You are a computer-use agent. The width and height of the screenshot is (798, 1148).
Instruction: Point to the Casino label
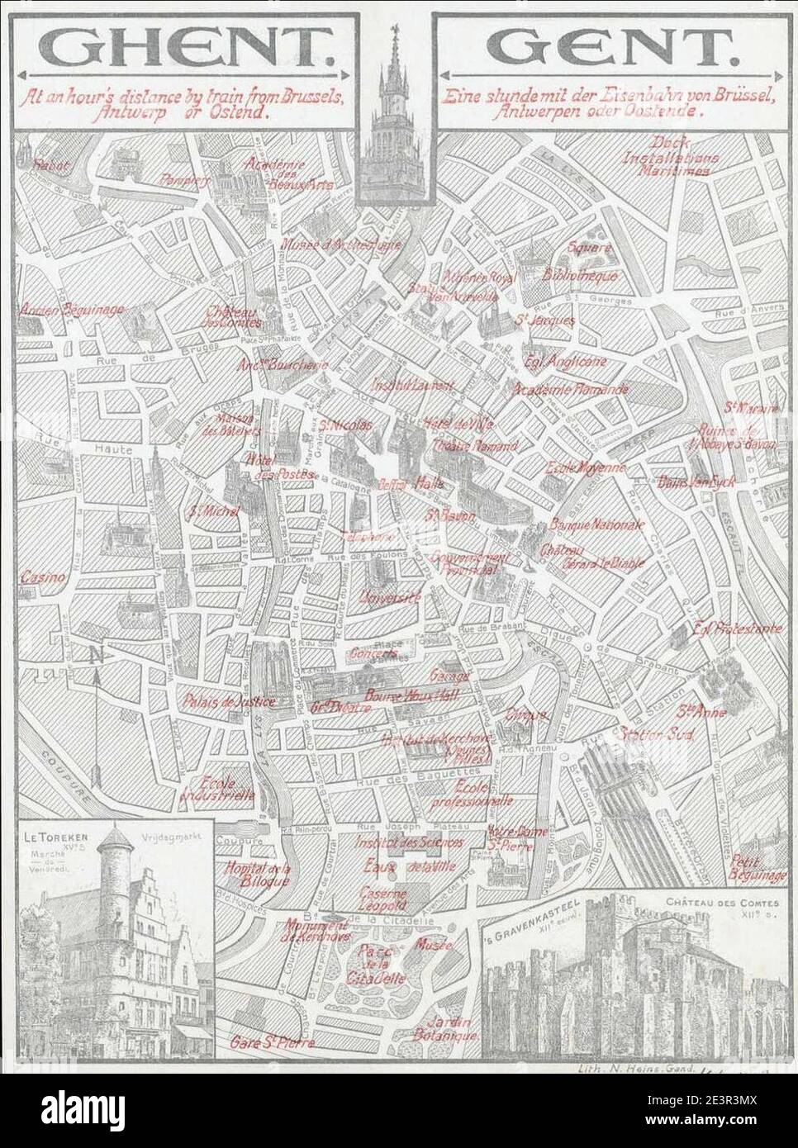(42, 577)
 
